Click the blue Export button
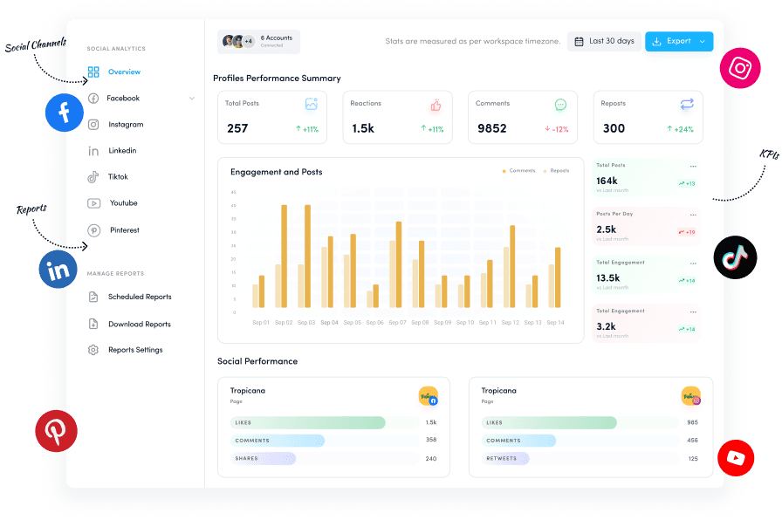678,41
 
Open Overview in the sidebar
124,72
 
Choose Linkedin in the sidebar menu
122,151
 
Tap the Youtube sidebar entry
123,203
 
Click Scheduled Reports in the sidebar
140,298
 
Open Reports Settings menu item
135,350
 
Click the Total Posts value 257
237,128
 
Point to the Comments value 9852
492,128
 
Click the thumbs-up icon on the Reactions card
436,105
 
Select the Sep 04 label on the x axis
329,323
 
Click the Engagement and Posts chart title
276,172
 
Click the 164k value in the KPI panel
607,181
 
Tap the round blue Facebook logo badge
65,112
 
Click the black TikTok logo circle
734,257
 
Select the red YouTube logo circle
735,457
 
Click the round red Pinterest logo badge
56,431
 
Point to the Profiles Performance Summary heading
277,79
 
